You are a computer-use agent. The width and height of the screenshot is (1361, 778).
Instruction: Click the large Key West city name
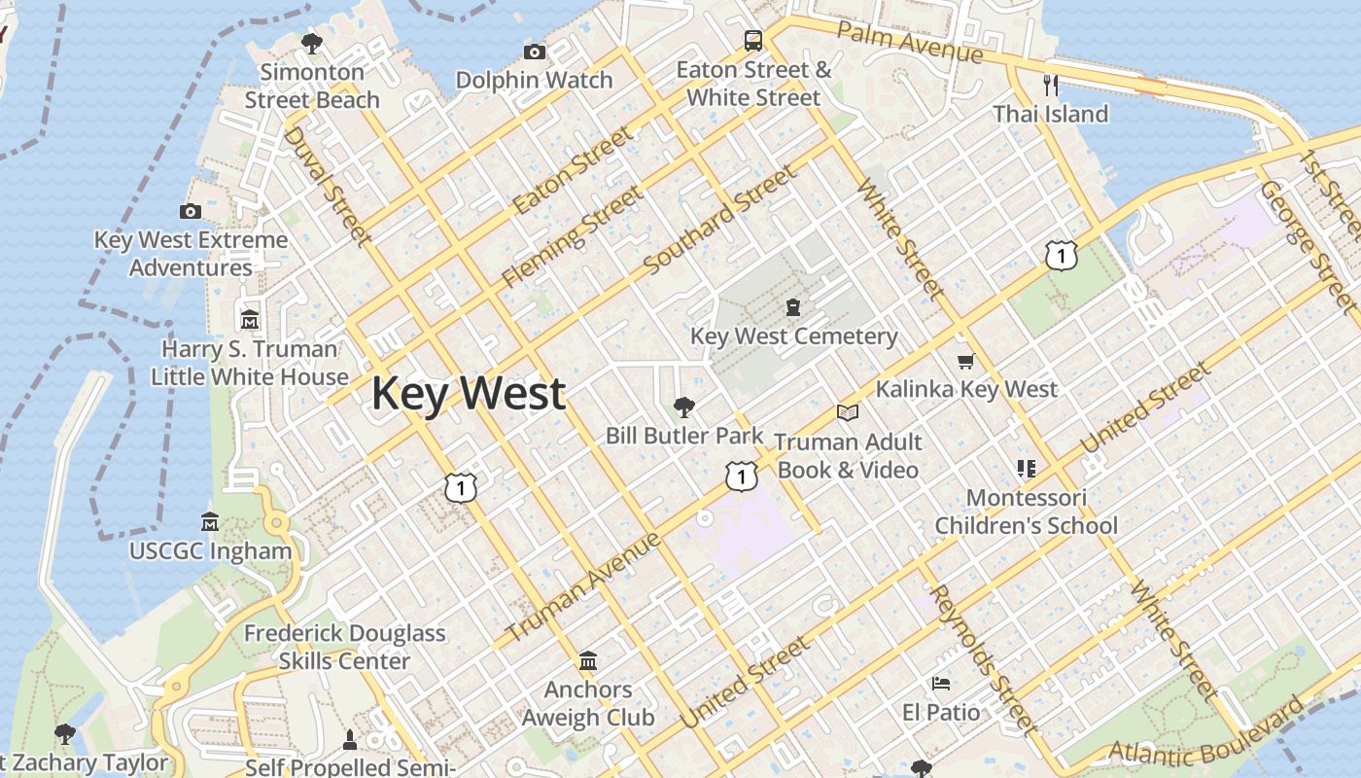468,394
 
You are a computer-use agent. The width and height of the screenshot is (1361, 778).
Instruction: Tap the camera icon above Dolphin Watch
534,52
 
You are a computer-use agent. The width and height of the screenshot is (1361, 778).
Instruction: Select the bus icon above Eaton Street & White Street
753,40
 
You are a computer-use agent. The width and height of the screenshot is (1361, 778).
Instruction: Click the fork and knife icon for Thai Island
1050,85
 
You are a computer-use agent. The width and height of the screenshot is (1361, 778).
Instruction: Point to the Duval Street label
327,186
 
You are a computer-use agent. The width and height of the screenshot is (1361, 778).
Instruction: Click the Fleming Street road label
573,237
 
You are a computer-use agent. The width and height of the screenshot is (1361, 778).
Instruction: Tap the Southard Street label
719,220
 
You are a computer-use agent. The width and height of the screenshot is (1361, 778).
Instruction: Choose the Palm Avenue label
909,41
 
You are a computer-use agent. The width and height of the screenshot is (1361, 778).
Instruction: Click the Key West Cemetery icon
794,308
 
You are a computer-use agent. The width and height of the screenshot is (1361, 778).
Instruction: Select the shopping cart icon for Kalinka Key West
965,362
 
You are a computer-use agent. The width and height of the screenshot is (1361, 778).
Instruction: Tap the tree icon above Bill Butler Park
684,407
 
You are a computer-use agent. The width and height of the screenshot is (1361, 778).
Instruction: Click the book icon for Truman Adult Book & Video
848,413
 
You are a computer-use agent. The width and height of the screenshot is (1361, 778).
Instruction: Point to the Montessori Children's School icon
1026,469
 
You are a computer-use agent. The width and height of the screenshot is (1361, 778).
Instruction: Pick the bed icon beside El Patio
940,684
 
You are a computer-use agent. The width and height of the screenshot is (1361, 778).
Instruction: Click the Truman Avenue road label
583,586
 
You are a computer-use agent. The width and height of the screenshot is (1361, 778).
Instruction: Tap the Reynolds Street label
983,660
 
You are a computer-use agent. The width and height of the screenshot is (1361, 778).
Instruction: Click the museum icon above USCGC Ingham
210,522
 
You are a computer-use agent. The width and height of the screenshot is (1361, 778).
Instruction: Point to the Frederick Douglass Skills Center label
344,647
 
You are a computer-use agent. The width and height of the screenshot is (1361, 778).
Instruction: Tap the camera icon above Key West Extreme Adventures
191,211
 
